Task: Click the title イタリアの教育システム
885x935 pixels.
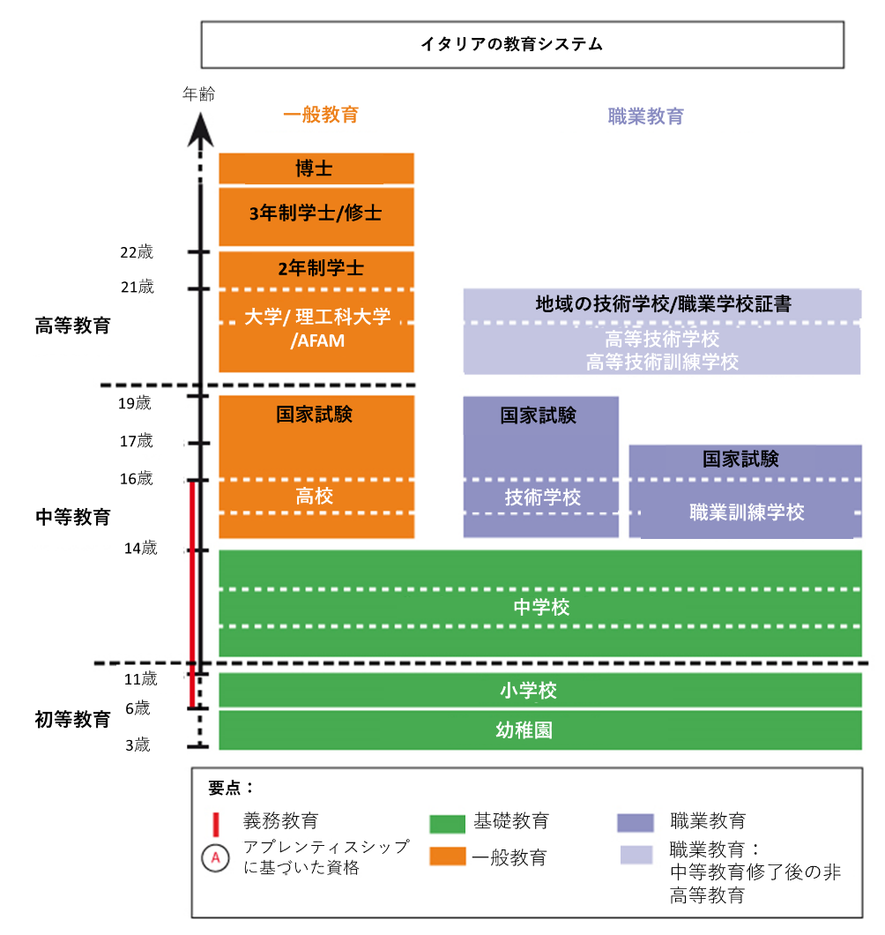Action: click(523, 44)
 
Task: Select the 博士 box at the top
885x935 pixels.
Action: click(316, 168)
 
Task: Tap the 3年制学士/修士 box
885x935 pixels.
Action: click(316, 213)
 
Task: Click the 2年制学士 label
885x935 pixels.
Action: click(316, 268)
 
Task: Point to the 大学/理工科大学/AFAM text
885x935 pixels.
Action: click(316, 327)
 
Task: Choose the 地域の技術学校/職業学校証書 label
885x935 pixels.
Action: click(663, 304)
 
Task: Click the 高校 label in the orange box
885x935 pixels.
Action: click(315, 497)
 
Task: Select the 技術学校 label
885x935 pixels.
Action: click(542, 497)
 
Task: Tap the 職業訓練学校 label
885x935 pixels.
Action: click(747, 512)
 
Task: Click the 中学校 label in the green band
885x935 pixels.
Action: click(541, 607)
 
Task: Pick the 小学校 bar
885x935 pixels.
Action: click(541, 690)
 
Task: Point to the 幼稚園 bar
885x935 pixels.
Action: click(541, 729)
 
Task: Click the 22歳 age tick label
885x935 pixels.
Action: click(137, 252)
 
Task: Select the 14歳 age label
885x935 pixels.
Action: click(140, 549)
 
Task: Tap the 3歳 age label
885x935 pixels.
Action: click(138, 745)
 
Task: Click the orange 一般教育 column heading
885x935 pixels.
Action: click(321, 115)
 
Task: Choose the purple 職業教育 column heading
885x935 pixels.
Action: click(645, 116)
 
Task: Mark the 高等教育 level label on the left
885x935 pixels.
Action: click(72, 325)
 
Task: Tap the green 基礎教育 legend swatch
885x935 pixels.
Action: click(447, 823)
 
